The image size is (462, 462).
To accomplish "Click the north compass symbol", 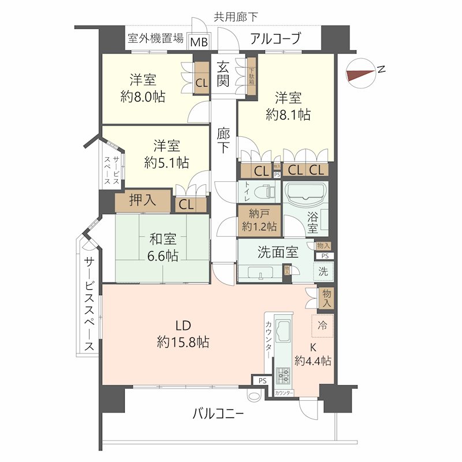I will tap(362, 73).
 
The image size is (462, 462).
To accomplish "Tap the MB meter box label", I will tap(199, 41).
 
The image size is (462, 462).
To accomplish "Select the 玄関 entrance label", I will tap(223, 73).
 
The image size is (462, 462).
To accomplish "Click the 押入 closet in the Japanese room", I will tap(142, 200).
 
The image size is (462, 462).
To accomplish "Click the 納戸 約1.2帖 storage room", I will tap(259, 219).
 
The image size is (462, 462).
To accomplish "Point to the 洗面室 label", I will tap(277, 252).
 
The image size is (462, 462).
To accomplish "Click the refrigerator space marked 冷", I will tap(322, 326).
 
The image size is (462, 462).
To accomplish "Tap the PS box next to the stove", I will tap(262, 381).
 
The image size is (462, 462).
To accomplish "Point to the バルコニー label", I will tap(218, 413).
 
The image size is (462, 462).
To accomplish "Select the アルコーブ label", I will tap(275, 39).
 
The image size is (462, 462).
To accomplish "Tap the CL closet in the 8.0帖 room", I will tap(201, 81).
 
